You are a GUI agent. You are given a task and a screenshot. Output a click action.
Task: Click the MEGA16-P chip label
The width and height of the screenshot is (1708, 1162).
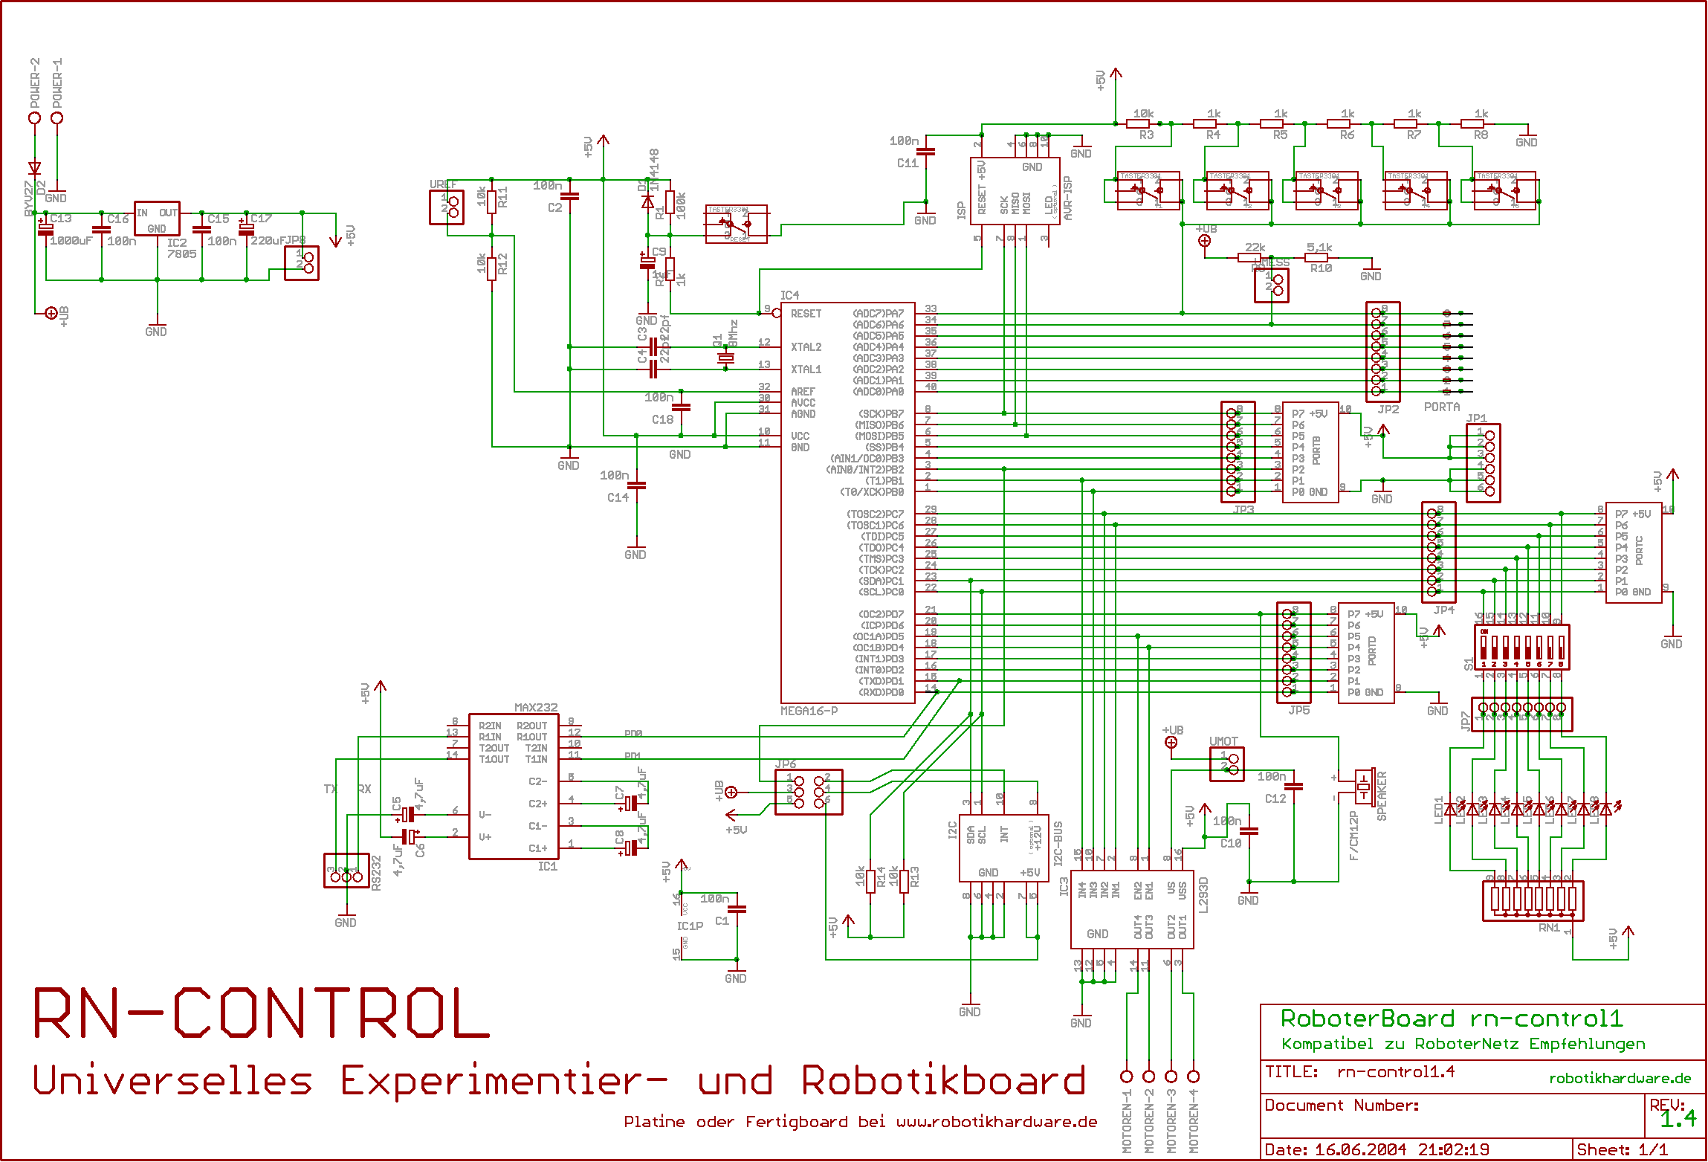point(809,711)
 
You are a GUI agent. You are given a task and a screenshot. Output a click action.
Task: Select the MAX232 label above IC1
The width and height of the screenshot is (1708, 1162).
point(536,707)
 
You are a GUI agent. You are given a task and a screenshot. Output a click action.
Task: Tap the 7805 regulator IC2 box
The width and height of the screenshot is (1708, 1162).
point(157,218)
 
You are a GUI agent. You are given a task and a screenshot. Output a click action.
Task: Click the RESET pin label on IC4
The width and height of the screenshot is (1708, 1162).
point(806,314)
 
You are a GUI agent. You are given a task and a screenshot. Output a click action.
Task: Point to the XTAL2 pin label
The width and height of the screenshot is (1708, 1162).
point(806,347)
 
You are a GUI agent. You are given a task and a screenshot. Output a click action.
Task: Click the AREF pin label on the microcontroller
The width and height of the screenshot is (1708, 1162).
point(803,391)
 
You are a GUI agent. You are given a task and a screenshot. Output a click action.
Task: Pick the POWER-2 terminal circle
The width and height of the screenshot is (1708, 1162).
point(34,118)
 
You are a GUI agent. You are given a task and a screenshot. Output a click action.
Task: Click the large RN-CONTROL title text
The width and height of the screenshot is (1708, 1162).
point(262,1014)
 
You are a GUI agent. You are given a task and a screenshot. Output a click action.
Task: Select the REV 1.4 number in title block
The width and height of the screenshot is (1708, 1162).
point(1678,1119)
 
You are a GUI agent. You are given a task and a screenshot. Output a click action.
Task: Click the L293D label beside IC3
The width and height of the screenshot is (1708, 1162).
point(1204,895)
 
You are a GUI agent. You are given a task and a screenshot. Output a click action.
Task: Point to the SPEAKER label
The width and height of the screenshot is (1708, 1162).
point(1382,796)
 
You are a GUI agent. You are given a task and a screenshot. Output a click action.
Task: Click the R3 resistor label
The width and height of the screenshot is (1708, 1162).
point(1147,135)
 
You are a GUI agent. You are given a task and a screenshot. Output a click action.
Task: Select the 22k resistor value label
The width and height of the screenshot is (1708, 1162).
point(1255,248)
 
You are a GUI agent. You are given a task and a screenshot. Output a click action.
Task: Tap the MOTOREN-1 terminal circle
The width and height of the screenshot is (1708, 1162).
point(1127,1076)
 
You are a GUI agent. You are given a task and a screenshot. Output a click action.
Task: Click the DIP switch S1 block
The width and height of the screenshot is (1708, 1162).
point(1521,647)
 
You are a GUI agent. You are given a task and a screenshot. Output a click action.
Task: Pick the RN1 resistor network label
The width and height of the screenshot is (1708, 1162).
point(1549,928)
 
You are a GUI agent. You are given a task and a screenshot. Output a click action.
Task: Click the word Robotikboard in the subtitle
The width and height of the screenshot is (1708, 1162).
point(943,1081)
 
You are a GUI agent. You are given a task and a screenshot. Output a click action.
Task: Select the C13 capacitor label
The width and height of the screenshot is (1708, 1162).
point(61,219)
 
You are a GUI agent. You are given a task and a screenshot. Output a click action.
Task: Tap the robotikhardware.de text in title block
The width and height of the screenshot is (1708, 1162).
point(1620,1078)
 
